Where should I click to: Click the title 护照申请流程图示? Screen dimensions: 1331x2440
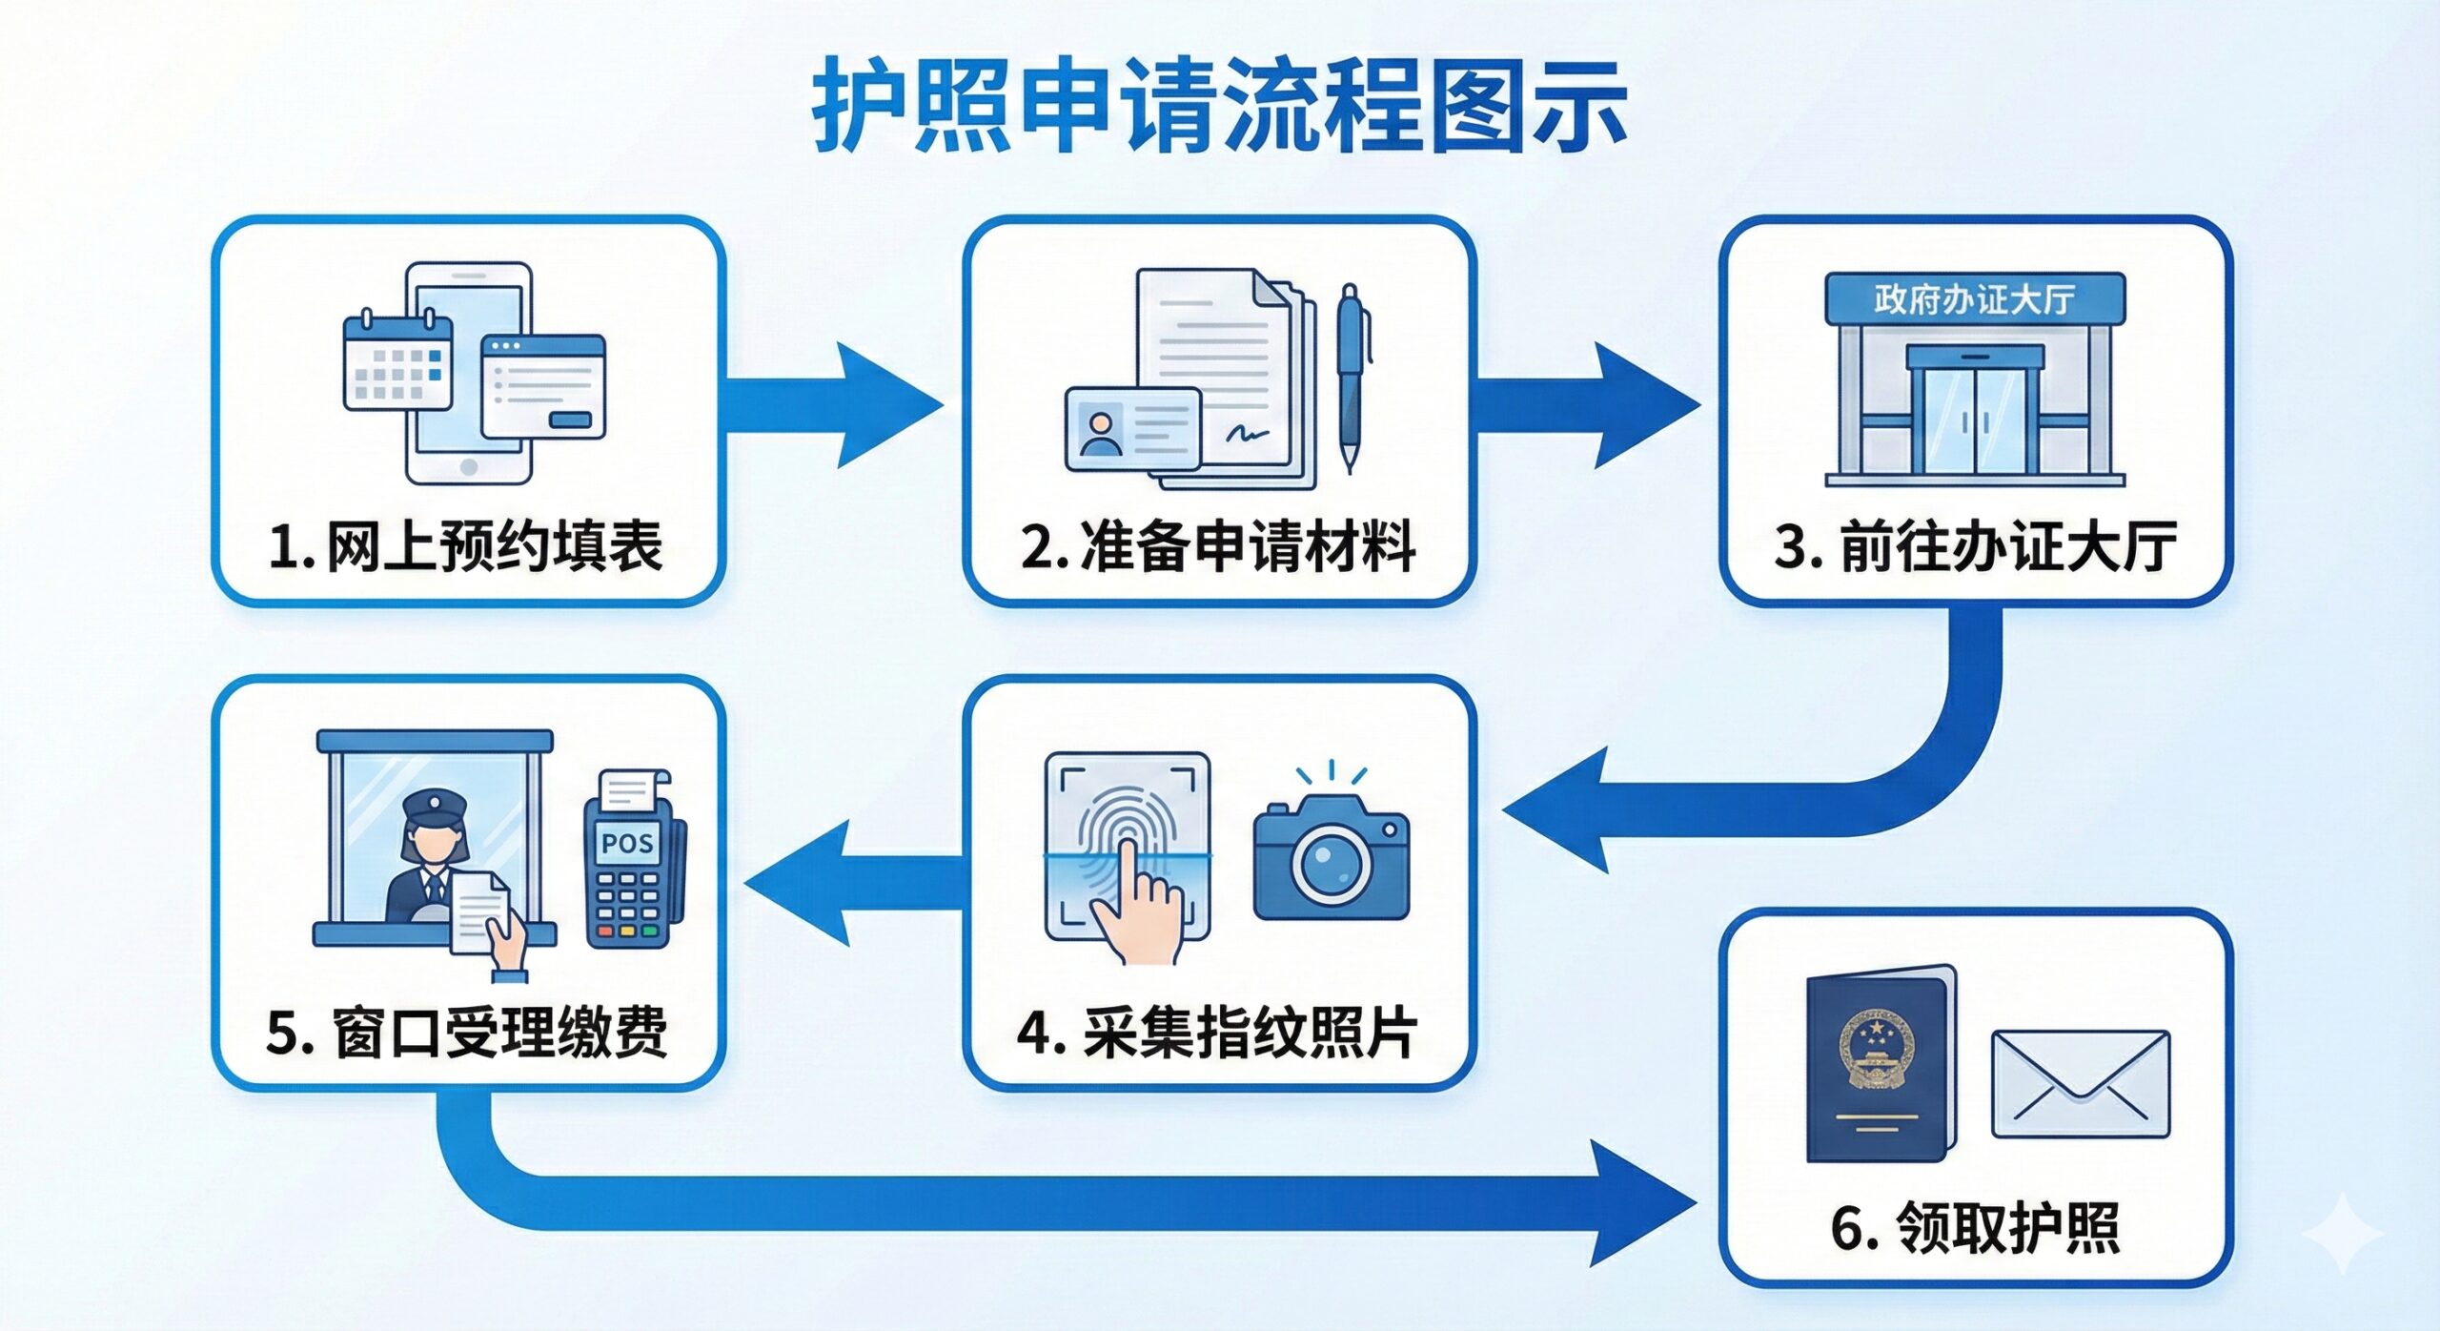[1219, 105]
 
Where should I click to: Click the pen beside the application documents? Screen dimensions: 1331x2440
[1352, 377]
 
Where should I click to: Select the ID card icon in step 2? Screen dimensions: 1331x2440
[1132, 429]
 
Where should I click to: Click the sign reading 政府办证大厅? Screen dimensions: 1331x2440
[1974, 299]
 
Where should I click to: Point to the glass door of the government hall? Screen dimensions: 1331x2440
[1975, 420]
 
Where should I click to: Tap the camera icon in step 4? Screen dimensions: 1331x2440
[1331, 858]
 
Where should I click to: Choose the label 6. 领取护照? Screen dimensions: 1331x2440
[1975, 1227]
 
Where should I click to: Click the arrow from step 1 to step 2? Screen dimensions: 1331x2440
[839, 405]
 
